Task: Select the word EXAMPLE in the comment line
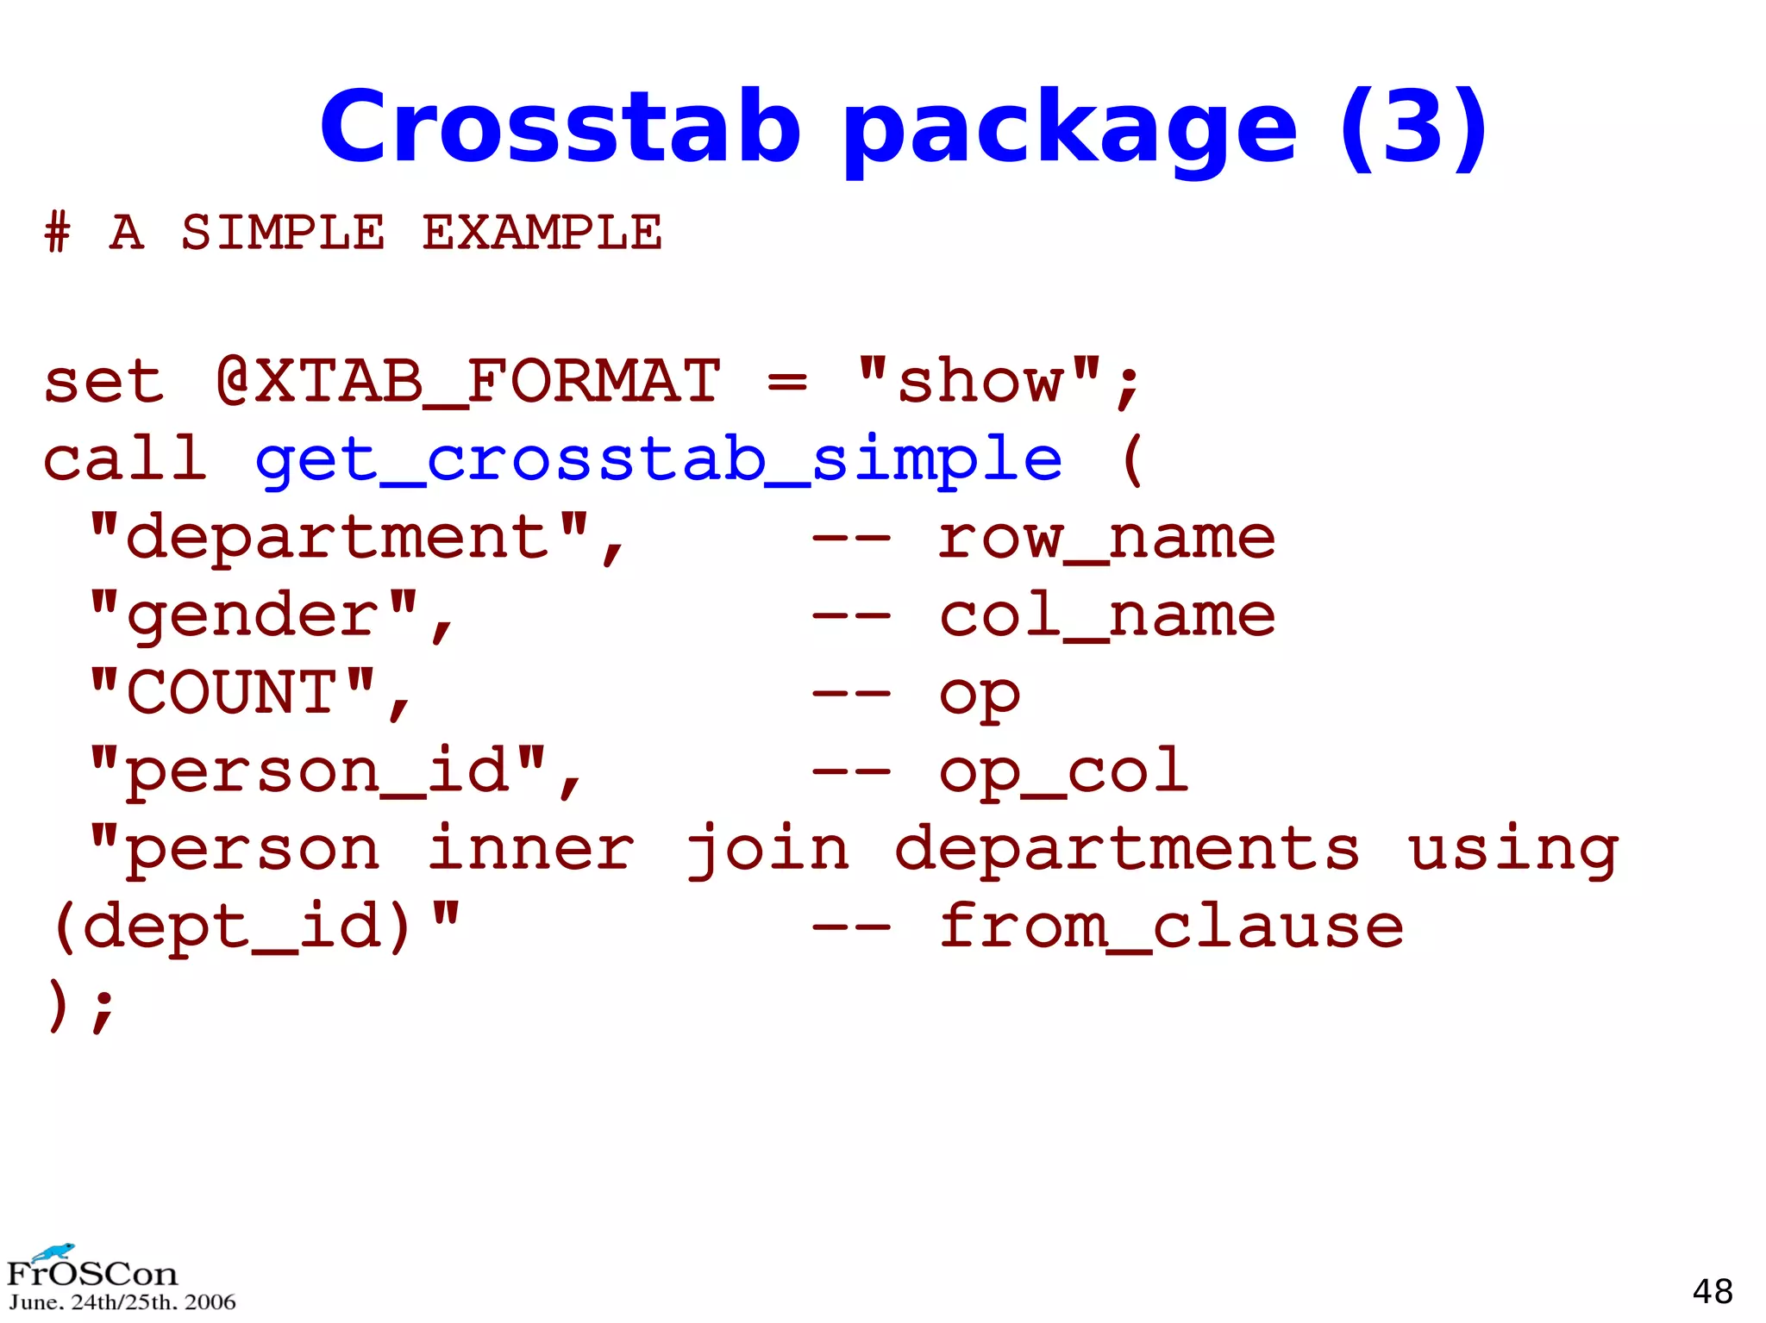pyautogui.click(x=542, y=233)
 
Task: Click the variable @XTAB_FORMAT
pyautogui.click(x=468, y=381)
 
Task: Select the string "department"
pyautogui.click(x=339, y=537)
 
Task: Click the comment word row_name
pyautogui.click(x=1106, y=537)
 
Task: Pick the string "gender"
pyautogui.click(x=254, y=615)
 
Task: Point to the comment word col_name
pyautogui.click(x=1106, y=615)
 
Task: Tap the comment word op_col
pyautogui.click(x=1063, y=770)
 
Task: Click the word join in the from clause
pyautogui.click(x=767, y=848)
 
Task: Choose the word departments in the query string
pyautogui.click(x=1127, y=848)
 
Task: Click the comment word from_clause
pyautogui.click(x=1170, y=927)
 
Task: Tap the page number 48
pyautogui.click(x=1712, y=1291)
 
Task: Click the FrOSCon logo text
pyautogui.click(x=91, y=1273)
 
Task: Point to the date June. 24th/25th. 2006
pyautogui.click(x=122, y=1302)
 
